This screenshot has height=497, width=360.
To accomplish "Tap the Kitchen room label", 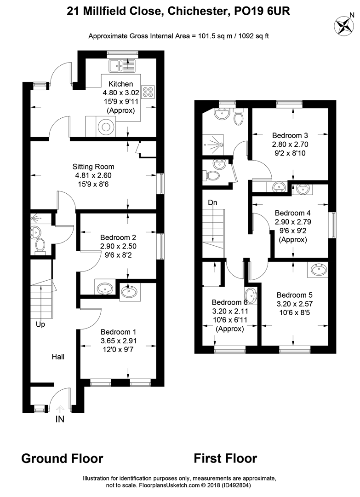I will pos(120,84).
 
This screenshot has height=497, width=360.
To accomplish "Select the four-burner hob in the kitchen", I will pos(149,92).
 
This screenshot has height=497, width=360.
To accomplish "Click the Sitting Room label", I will pos(93,167).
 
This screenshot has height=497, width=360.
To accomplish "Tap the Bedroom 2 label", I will pos(118,237).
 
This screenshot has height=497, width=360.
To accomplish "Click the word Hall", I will pos(58,356).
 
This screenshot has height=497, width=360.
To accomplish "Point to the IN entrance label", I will pos(60,419).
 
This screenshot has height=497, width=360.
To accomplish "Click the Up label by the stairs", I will pos(40,324).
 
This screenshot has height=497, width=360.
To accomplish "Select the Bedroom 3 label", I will pos(290,135).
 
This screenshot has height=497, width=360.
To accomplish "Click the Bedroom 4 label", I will pos(293,213).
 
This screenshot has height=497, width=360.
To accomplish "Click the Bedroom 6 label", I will pos(229,302).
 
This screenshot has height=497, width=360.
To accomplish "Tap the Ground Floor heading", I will pos(62,458).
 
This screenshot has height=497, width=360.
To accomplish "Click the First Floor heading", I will pos(225,458).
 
